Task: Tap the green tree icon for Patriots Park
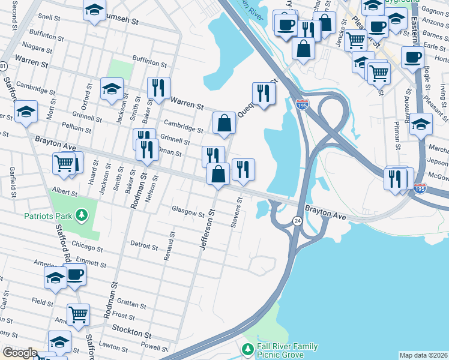pos(80,215)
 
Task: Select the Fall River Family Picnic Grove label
pos(288,351)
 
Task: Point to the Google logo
pos(19,353)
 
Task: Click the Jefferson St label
pos(208,229)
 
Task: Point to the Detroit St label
pos(143,246)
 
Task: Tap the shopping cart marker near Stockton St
pos(78,313)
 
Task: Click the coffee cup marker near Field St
pos(75,274)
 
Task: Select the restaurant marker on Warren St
pos(158,88)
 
